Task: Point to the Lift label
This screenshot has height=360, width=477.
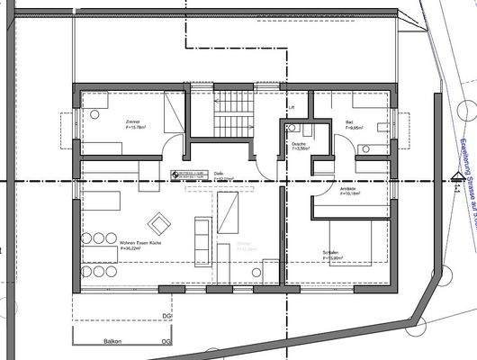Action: click(x=291, y=108)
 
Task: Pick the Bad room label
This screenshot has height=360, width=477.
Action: click(x=350, y=122)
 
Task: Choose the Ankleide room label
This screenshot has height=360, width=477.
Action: click(x=347, y=188)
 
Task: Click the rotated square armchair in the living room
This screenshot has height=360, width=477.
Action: click(x=159, y=220)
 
